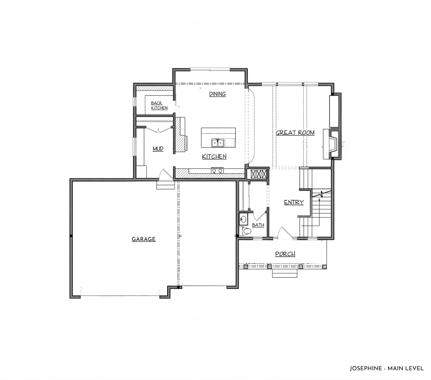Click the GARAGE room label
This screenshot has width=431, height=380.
pos(143,239)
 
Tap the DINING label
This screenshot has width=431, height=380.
pos(217,94)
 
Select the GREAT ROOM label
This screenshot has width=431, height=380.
pos(295,133)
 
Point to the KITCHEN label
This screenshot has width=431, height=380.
pos(214,156)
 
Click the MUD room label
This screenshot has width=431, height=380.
pos(158,149)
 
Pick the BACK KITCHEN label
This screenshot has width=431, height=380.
pos(159,106)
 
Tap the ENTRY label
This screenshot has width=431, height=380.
pos(294,202)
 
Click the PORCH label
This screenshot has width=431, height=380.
pos(285,254)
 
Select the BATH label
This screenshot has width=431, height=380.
pos(258,225)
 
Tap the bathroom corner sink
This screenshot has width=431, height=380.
pos(243,218)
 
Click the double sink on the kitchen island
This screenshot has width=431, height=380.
pos(217,143)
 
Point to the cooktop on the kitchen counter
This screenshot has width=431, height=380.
pos(217,170)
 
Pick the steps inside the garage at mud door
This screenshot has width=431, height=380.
pos(165,185)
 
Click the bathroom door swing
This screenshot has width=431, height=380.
pos(259,216)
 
